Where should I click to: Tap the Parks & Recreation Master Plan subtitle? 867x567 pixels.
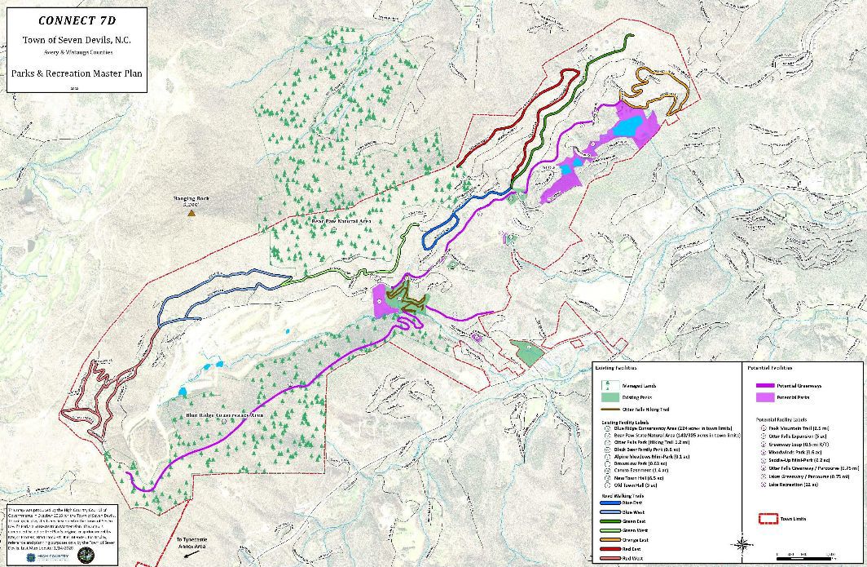77,73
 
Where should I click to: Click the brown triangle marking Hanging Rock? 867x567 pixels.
191,213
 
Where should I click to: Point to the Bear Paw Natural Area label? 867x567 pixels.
341,221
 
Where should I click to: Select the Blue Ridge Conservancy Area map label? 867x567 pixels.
225,415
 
